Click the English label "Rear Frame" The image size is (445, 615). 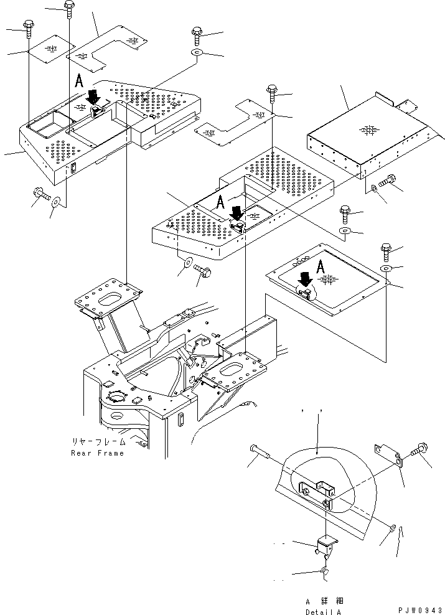97,453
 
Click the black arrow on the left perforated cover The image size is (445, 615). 93,97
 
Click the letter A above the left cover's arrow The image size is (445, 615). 78,81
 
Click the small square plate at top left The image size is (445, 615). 52,50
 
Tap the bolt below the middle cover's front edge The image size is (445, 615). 203,271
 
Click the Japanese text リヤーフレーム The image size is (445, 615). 98,442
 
